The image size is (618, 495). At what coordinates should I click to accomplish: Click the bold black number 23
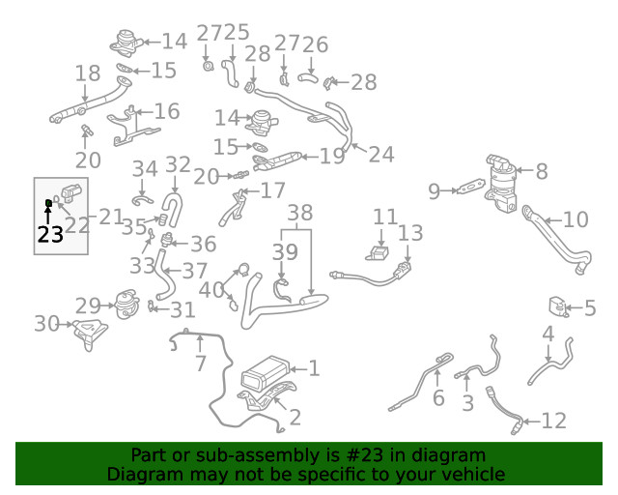click(x=50, y=235)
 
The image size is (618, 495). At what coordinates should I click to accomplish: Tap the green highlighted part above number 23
click(x=49, y=203)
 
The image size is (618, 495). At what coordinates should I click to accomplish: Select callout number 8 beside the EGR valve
click(x=542, y=171)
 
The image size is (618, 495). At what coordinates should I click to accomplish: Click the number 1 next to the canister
click(x=314, y=368)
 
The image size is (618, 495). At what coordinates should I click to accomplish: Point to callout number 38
click(x=300, y=213)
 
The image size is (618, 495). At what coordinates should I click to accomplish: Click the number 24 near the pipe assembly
click(x=381, y=155)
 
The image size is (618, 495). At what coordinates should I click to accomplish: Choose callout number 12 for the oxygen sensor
click(x=554, y=421)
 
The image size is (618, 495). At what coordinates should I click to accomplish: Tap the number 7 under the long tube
click(x=201, y=364)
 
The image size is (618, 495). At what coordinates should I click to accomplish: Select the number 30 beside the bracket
click(x=46, y=324)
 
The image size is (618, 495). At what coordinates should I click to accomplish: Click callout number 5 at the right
click(x=590, y=307)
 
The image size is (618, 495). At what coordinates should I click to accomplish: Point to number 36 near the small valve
click(x=204, y=244)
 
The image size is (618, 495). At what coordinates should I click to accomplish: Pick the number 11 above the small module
click(x=385, y=217)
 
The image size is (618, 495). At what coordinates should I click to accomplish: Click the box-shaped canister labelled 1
click(x=265, y=374)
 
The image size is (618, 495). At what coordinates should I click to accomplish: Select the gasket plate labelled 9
click(x=470, y=188)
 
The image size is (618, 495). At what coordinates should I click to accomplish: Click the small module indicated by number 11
click(x=378, y=253)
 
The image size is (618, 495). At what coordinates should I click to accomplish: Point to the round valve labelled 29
click(x=126, y=305)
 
